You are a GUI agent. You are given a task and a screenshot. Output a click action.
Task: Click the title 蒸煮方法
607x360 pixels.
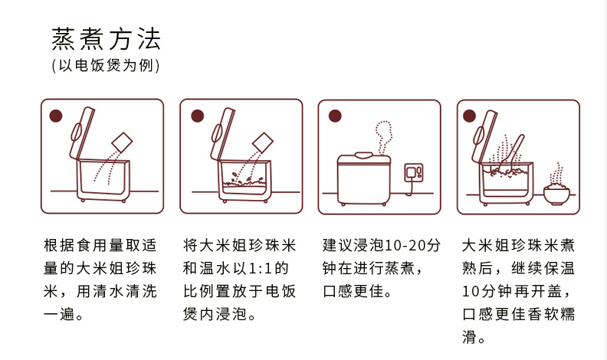[106, 38]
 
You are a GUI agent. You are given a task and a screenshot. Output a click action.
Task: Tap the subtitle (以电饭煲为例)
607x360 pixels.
[106, 66]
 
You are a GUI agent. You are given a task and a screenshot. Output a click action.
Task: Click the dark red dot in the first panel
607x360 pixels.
[55, 116]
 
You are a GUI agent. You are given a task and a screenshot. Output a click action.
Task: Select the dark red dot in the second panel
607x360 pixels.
[197, 116]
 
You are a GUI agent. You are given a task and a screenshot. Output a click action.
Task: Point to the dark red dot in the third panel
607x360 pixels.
[334, 116]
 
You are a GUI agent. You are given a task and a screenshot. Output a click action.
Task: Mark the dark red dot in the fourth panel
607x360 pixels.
[471, 116]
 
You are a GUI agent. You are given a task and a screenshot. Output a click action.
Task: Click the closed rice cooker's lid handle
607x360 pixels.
[366, 155]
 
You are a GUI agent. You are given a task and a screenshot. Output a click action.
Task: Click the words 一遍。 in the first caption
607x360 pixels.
[64, 314]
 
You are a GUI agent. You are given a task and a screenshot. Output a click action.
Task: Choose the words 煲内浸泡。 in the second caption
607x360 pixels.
[220, 314]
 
